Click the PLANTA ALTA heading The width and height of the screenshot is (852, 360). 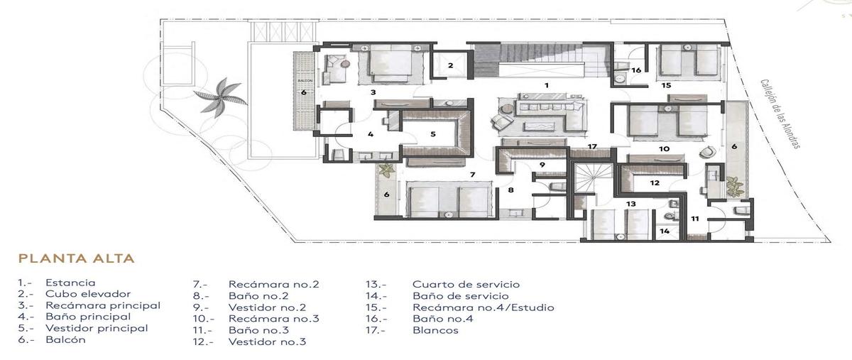tap(77, 258)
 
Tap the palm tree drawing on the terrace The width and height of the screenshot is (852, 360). tap(220, 97)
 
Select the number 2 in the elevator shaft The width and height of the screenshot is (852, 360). tap(450, 65)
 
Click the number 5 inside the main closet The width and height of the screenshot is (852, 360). tap(433, 134)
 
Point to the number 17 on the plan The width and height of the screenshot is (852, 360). tap(592, 146)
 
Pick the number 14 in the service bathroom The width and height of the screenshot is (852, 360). tap(664, 231)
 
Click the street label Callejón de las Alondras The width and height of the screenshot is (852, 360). tap(780, 114)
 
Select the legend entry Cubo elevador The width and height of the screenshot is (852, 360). tap(88, 294)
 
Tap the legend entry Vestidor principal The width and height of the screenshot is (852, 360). tap(97, 329)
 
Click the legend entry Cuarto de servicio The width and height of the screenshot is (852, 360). tap(466, 284)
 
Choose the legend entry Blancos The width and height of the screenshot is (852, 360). tap(435, 330)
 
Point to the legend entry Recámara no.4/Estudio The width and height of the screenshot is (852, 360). tap(484, 307)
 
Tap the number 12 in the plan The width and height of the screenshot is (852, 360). tap(654, 183)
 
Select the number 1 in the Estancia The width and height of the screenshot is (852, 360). tap(547, 85)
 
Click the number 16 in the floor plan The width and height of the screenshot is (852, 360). tap(636, 70)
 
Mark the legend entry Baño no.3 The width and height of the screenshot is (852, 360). tap(258, 330)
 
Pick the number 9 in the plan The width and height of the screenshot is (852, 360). tap(542, 165)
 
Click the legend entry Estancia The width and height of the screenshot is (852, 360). tap(70, 283)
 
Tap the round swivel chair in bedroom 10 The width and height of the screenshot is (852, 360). tap(707, 152)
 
